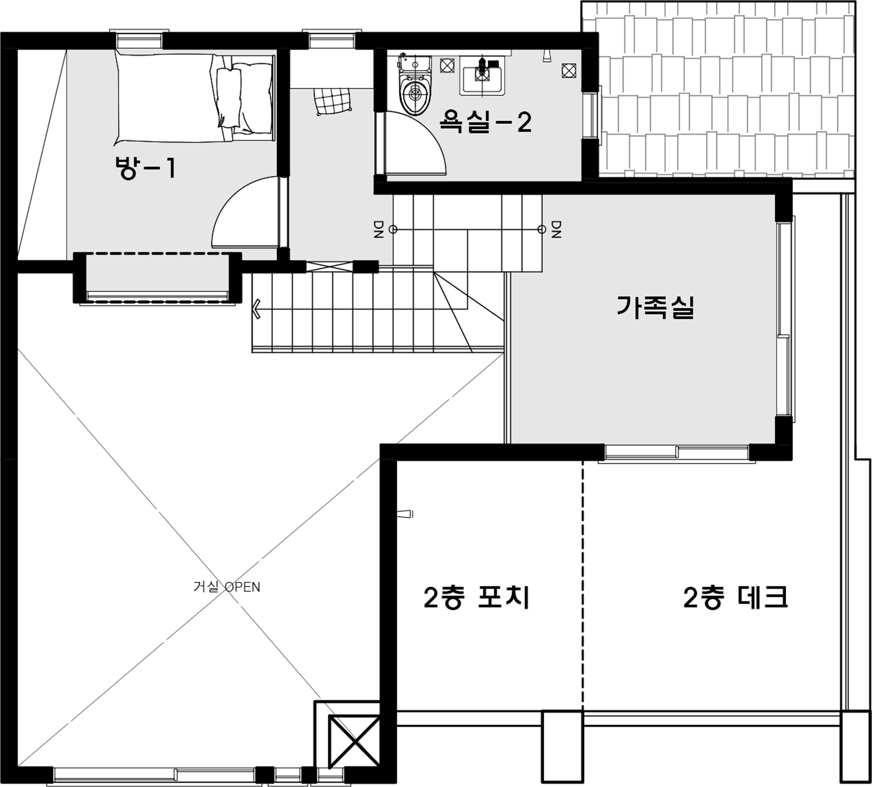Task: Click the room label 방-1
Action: click(144, 168)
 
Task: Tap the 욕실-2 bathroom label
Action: click(485, 122)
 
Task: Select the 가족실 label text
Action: click(655, 307)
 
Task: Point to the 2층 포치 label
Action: click(476, 598)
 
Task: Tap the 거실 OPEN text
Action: click(227, 587)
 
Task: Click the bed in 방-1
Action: click(195, 98)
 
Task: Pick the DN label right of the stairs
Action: click(556, 229)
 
